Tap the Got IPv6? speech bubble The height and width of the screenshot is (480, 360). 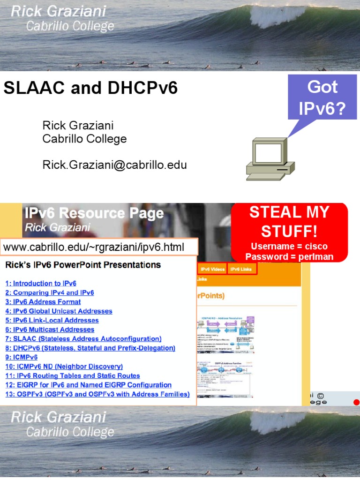[x=322, y=97]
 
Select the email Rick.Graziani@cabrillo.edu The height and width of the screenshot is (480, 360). [x=114, y=165]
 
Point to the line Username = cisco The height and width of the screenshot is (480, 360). [x=289, y=247]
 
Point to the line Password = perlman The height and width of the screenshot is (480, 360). [x=289, y=256]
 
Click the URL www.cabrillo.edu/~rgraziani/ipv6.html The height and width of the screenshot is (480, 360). [x=94, y=247]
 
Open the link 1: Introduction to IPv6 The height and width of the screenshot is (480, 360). [x=41, y=284]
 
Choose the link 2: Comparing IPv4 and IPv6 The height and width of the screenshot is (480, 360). [x=50, y=292]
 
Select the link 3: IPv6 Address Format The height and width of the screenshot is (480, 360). [x=43, y=302]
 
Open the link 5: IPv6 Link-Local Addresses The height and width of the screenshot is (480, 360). [x=52, y=320]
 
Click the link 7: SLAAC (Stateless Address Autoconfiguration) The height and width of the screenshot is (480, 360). [x=83, y=338]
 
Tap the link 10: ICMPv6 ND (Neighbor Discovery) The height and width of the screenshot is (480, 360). [x=64, y=367]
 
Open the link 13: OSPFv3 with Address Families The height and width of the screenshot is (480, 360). [x=97, y=394]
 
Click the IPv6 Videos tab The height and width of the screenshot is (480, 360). [x=212, y=269]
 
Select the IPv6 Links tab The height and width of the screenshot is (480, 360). [x=241, y=269]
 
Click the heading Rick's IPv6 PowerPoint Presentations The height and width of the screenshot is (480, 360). [x=83, y=265]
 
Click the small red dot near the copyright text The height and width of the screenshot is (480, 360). [x=356, y=402]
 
